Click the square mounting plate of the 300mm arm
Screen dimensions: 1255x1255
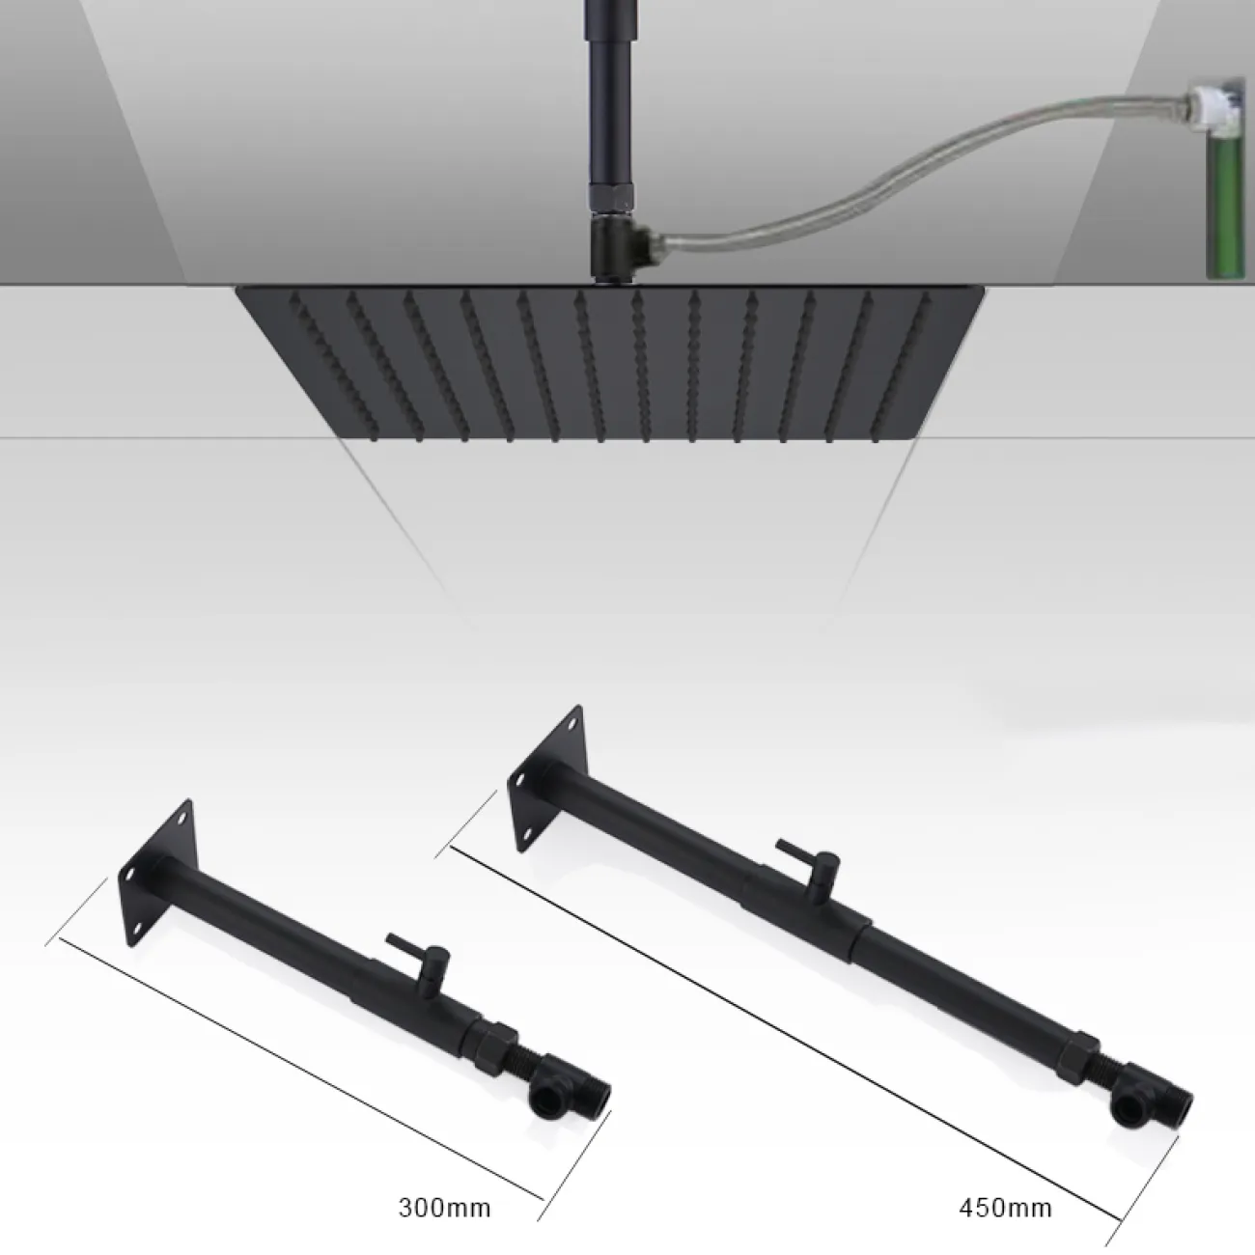tap(156, 873)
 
